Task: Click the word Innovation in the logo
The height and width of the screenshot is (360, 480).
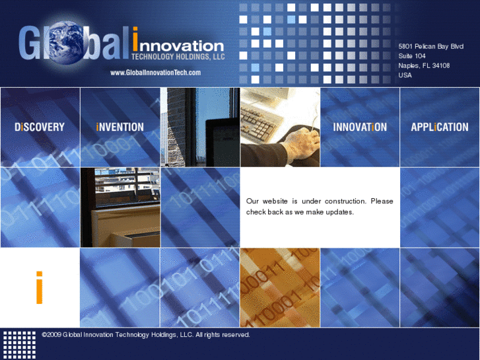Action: tap(178, 46)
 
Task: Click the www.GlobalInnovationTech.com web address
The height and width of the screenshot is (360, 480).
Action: tap(155, 73)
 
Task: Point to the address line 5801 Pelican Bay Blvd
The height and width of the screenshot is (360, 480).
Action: tap(430, 46)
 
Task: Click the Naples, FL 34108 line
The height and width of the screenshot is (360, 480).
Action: tap(424, 65)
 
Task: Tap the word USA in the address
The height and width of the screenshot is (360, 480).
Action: tap(405, 75)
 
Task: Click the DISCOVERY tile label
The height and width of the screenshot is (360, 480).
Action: tap(40, 127)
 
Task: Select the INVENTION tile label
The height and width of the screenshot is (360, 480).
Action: tap(120, 127)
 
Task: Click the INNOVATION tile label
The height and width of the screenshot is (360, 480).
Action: tap(360, 127)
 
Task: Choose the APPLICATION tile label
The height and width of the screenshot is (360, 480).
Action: tap(440, 127)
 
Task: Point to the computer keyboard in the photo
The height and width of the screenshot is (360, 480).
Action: tap(264, 119)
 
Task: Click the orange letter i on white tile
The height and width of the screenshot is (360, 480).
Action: tap(40, 287)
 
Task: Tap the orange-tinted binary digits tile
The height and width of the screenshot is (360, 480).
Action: tap(279, 287)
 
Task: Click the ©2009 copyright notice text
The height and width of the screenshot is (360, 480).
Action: tap(145, 335)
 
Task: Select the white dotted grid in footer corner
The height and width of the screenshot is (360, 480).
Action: tap(20, 344)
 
